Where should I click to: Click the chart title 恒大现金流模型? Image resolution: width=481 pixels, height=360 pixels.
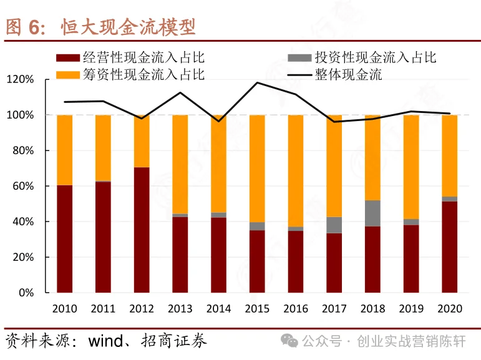tap(128, 27)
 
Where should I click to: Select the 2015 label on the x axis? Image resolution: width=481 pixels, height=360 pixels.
tap(257, 308)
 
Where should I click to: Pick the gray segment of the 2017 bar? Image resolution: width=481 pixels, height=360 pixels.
tap(334, 225)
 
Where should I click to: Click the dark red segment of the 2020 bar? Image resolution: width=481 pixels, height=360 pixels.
tap(449, 246)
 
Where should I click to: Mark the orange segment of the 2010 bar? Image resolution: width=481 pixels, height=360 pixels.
tap(65, 150)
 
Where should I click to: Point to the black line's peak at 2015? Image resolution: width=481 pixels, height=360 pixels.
tap(257, 82)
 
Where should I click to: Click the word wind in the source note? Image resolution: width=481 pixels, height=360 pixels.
tap(109, 341)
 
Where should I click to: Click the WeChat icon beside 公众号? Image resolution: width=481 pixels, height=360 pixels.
tap(289, 341)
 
